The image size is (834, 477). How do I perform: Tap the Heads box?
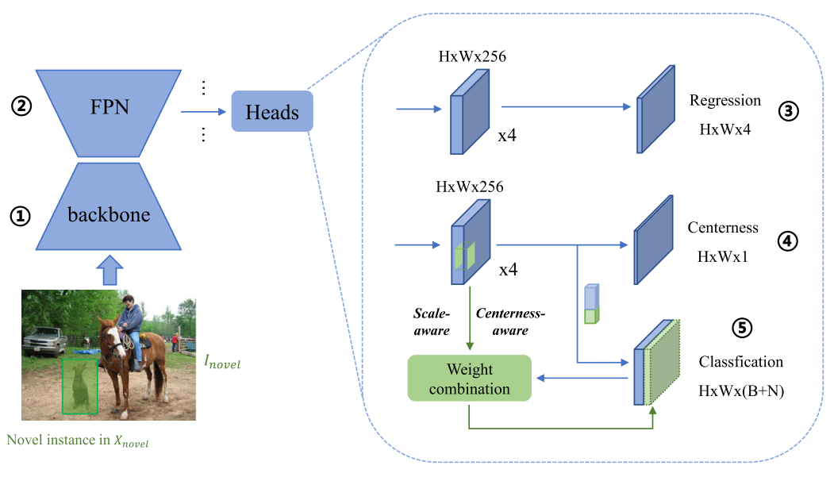click(272, 112)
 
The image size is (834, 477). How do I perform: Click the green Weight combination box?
click(470, 379)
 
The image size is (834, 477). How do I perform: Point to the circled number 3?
click(788, 112)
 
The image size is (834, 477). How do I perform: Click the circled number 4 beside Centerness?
click(788, 240)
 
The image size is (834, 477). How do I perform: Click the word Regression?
click(724, 101)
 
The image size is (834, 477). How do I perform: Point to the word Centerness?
click(722, 229)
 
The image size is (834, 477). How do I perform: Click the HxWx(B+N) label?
click(740, 390)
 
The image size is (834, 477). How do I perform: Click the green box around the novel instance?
click(80, 386)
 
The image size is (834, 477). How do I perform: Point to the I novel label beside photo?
click(221, 364)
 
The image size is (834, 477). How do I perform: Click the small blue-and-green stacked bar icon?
click(590, 305)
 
